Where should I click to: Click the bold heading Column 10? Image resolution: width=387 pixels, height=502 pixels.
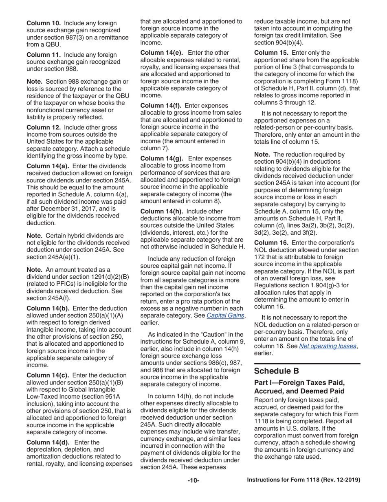44,23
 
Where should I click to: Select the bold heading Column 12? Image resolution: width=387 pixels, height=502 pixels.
44,127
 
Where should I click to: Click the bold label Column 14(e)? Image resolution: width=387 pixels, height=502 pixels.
161,53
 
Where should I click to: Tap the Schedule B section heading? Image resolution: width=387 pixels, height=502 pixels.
277,371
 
